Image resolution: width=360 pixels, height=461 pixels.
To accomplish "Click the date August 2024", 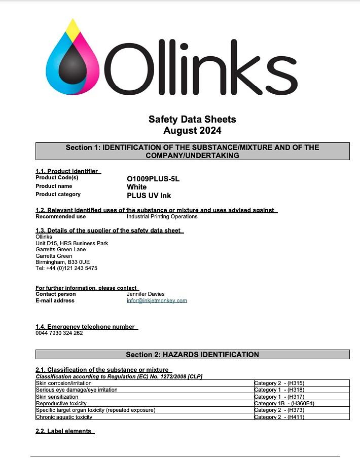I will (x=192, y=131).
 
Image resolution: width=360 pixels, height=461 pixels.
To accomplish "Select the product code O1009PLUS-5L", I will (x=153, y=179).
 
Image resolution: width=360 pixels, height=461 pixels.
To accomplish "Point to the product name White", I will (x=136, y=187).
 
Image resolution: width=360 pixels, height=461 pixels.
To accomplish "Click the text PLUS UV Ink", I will (x=149, y=195).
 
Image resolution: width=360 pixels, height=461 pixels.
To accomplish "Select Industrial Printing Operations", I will (x=162, y=217).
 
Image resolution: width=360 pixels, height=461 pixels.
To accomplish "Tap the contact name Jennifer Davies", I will (x=146, y=294).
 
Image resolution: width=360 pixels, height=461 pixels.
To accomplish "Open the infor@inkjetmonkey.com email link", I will (x=157, y=300).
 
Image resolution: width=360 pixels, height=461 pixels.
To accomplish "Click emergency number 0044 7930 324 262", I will (x=59, y=333).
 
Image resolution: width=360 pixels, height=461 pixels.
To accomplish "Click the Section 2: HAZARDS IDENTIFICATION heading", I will (x=192, y=355).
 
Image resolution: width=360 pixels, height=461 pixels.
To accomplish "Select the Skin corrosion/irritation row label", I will (x=63, y=383).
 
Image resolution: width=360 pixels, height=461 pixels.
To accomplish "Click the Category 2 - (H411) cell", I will (x=279, y=417).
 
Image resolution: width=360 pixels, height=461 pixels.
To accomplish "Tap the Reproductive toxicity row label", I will (x=61, y=404).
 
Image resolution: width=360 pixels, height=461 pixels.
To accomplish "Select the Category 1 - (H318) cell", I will (x=279, y=390).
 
